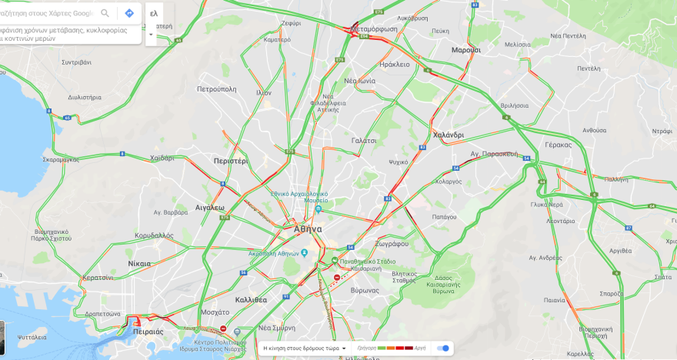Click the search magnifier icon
(x=105, y=13)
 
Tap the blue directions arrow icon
(x=129, y=13)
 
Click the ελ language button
(x=154, y=13)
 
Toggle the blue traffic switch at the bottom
(x=443, y=348)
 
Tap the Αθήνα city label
(x=308, y=229)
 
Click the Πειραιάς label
(x=148, y=332)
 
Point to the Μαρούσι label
(x=465, y=50)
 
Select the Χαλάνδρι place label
(x=449, y=135)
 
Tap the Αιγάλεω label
(x=209, y=208)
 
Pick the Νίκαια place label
(x=139, y=263)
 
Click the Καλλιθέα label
(x=251, y=299)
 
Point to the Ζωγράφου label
(x=392, y=243)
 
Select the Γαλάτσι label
(x=364, y=141)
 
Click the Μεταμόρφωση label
(x=375, y=29)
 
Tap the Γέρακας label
(x=558, y=145)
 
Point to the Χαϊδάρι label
(x=162, y=158)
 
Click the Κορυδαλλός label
(x=154, y=235)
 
